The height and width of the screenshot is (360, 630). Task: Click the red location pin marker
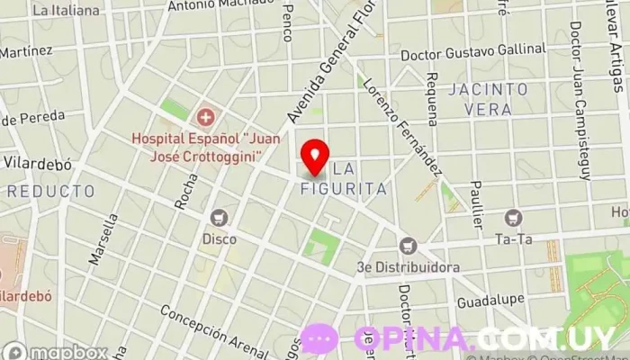click(314, 156)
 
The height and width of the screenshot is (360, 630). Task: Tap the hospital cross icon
click(206, 116)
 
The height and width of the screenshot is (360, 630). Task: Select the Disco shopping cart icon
click(218, 217)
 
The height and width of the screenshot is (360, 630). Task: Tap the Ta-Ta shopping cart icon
click(514, 217)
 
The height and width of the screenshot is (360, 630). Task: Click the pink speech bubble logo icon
click(319, 339)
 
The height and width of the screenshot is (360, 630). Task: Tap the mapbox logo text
click(56, 351)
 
